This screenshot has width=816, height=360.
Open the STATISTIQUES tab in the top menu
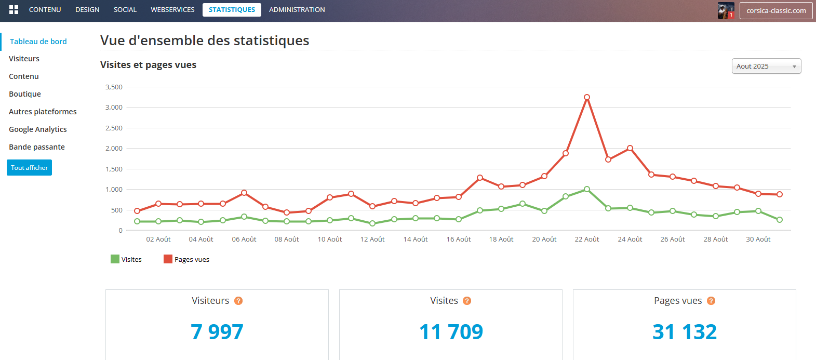coord(232,10)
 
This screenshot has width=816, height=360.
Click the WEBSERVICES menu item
coord(172,10)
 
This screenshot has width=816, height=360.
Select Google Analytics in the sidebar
coord(38,129)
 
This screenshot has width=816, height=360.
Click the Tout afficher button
coord(29,168)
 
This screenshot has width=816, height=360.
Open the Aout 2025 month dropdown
coord(766,66)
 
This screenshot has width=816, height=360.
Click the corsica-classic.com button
coord(776,10)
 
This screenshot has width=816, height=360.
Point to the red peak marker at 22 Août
coord(587,97)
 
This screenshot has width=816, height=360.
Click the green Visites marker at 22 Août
coord(587,189)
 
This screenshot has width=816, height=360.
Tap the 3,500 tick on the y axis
coord(114,87)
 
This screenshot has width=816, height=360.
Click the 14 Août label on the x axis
coord(416,239)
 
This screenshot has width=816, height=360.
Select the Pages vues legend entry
coord(186,259)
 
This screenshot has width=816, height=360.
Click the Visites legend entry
coord(126,259)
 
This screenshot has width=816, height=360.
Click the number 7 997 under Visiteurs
coord(217,332)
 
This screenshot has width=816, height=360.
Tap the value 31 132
coord(685,332)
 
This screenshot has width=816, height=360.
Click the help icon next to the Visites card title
coord(467,301)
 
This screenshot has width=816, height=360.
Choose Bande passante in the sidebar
coord(37,147)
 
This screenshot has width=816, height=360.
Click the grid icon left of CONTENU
coord(14,10)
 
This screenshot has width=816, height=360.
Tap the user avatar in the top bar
coord(726,10)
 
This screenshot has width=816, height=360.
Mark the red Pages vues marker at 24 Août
coord(630,148)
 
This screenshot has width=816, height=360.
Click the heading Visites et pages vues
coord(148,65)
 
